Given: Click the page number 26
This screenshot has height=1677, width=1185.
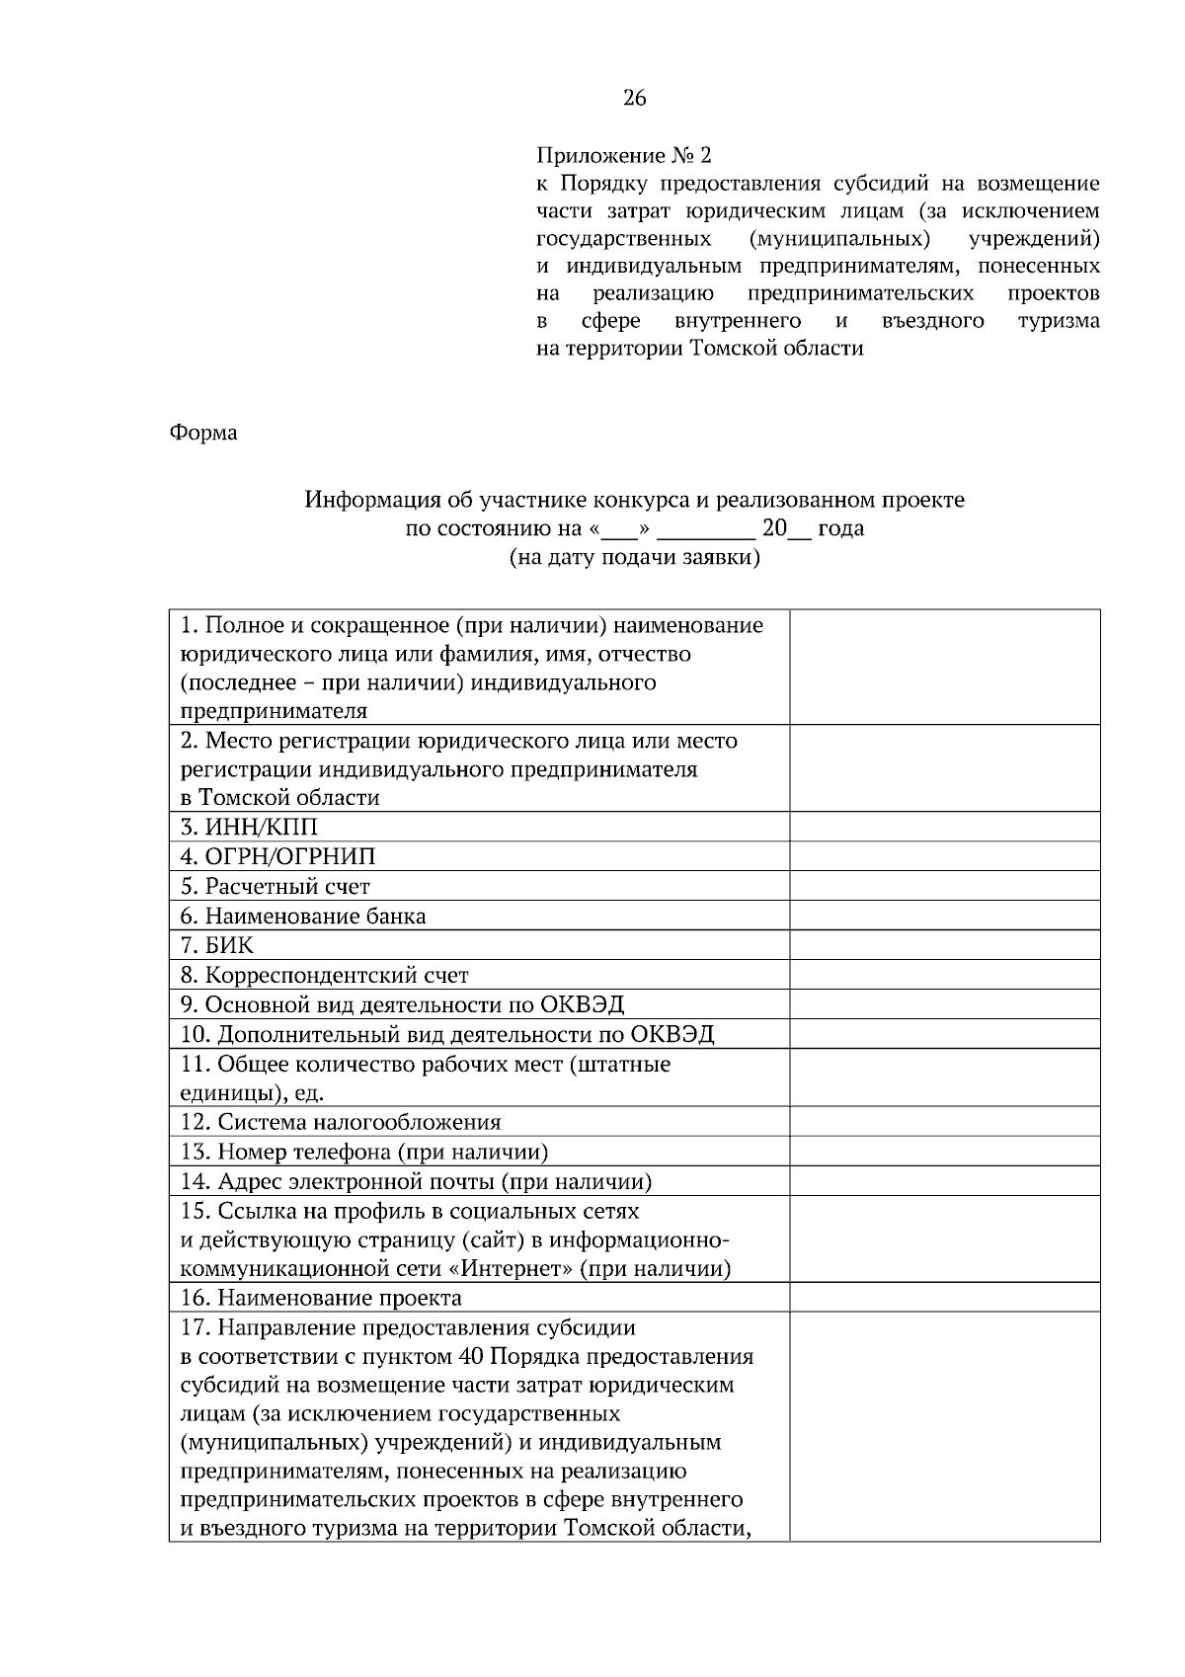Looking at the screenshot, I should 634,98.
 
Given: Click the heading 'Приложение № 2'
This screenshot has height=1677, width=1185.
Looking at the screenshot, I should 622,156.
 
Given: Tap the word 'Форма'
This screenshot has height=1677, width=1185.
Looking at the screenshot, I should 203,433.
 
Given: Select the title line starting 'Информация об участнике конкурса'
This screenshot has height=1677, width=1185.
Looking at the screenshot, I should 634,500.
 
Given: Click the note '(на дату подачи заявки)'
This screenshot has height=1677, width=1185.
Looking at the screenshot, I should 634,557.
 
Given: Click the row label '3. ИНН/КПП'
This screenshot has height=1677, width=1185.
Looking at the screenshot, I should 249,827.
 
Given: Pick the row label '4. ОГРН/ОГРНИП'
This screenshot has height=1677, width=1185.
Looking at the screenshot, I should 277,856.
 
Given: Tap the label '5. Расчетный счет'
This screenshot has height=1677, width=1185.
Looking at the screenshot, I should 275,886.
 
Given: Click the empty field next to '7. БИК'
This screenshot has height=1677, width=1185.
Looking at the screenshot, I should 944,945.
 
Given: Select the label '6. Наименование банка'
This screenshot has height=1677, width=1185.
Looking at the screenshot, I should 302,916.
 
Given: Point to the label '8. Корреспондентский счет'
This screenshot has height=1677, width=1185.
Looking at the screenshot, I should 324,975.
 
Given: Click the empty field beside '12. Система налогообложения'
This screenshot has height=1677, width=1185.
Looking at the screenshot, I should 944,1122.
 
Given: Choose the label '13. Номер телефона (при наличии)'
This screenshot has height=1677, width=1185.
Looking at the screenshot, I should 363,1152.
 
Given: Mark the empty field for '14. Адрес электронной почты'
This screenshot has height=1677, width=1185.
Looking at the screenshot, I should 944,1181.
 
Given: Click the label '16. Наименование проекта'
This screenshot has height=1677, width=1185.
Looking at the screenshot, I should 320,1298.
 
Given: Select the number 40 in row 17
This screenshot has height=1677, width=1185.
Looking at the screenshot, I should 471,1356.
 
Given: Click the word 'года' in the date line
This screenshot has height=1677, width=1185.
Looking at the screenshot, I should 840,528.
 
